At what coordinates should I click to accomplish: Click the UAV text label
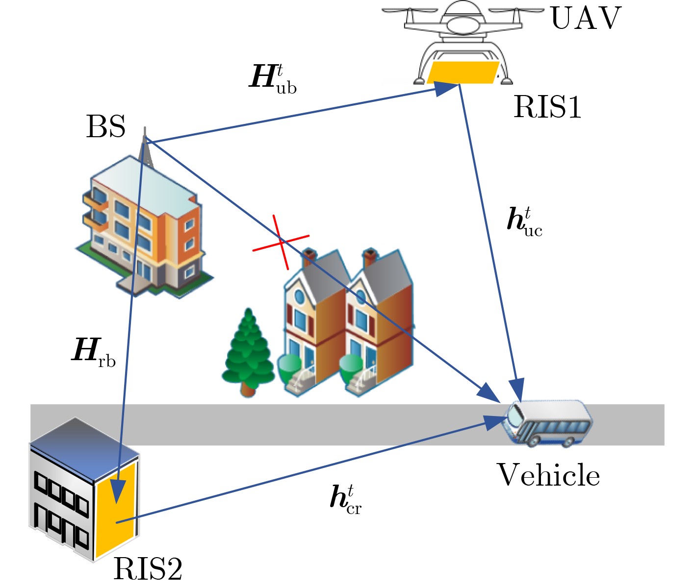pos(586,19)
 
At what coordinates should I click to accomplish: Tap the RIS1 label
pos(547,107)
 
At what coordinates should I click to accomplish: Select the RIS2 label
pos(148,569)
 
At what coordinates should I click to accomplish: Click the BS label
pos(105,126)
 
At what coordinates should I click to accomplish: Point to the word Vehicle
pos(548,475)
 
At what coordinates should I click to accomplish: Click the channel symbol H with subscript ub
pos(273,78)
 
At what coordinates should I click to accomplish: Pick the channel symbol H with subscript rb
pos(94,351)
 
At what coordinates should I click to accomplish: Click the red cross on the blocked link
pos(281,242)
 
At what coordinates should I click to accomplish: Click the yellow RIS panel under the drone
pos(462,73)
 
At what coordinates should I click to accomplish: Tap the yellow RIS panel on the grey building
pos(116,510)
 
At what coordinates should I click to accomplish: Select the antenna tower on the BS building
pos(144,147)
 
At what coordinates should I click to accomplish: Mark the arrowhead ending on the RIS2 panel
pos(118,492)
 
